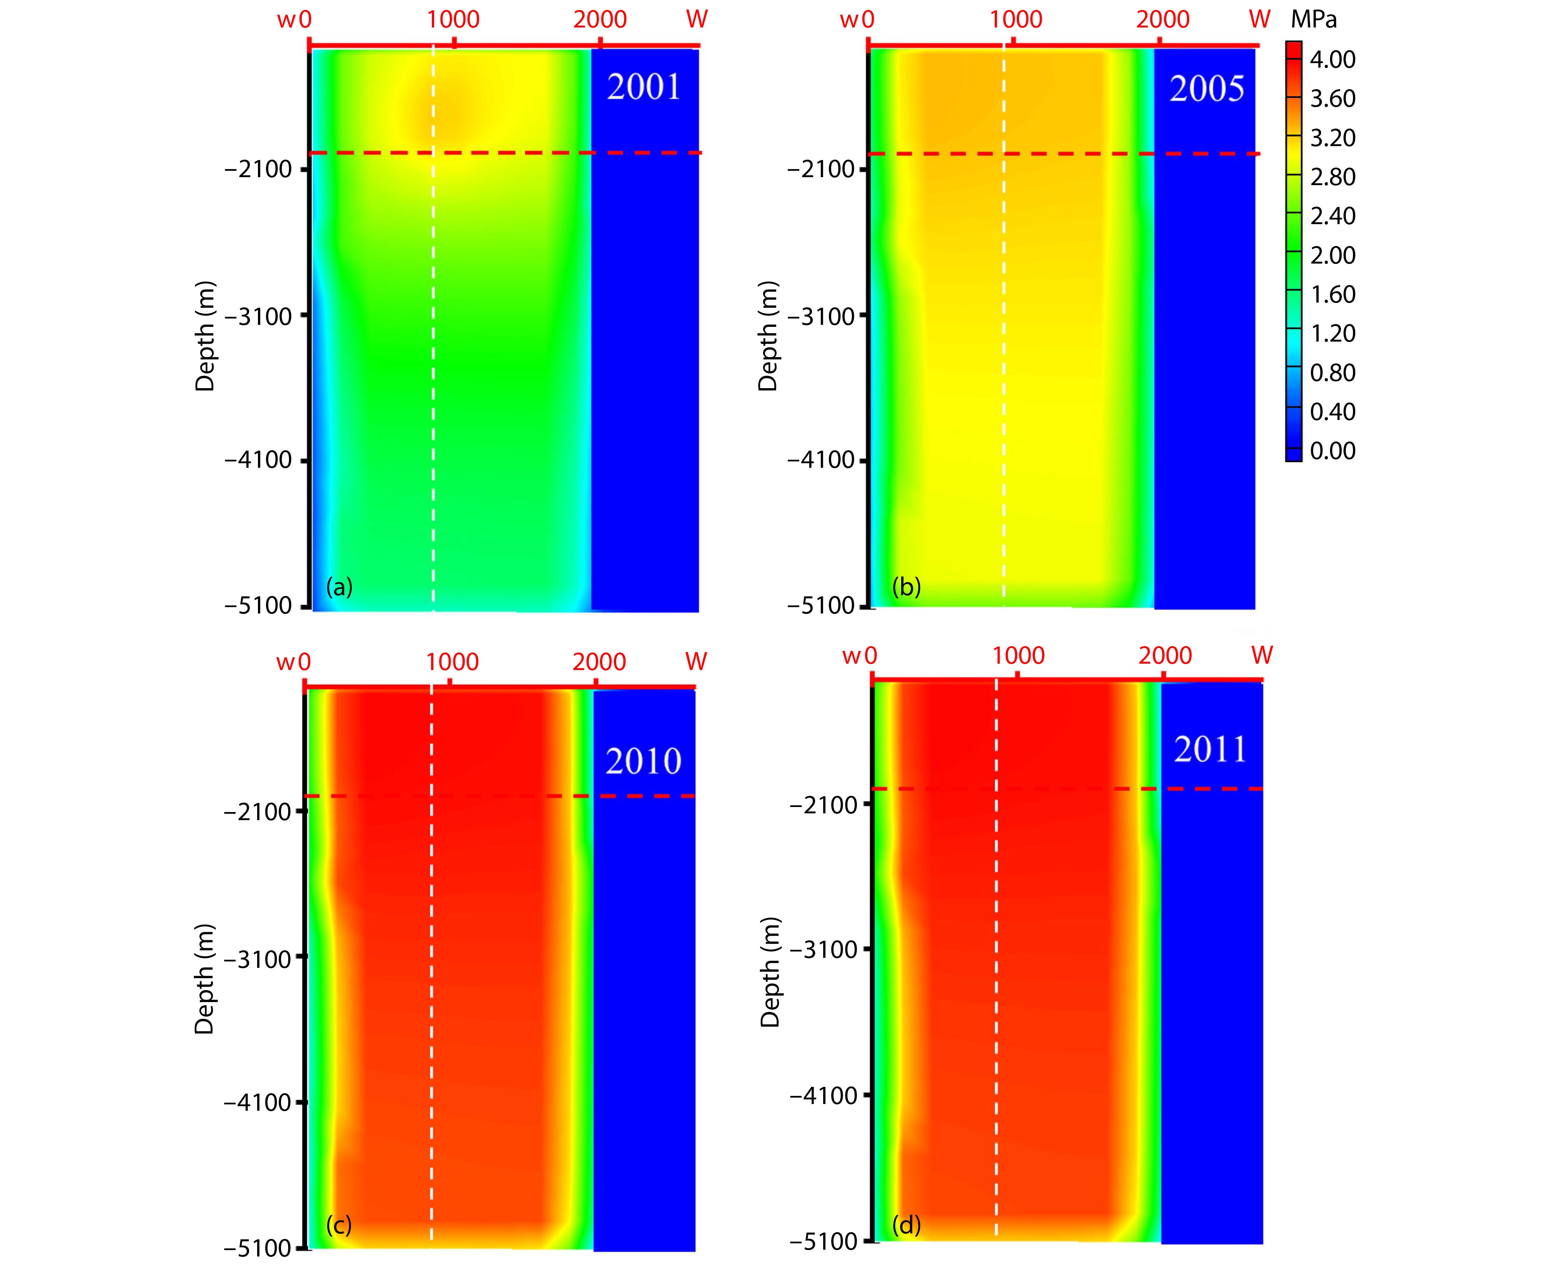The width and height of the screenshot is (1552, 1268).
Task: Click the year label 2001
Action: click(x=643, y=88)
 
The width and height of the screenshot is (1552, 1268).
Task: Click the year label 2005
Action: click(x=1206, y=89)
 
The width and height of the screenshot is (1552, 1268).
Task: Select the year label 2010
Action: click(x=643, y=761)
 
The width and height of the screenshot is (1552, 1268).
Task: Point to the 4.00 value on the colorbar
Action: click(x=1332, y=60)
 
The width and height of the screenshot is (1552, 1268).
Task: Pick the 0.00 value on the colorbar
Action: click(x=1332, y=451)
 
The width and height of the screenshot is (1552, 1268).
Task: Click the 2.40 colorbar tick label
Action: click(x=1332, y=216)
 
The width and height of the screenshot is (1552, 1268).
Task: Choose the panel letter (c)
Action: click(x=339, y=1225)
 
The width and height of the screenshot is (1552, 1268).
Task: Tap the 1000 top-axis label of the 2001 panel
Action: click(x=453, y=20)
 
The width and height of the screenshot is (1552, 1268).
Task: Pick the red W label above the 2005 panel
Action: click(x=1260, y=20)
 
